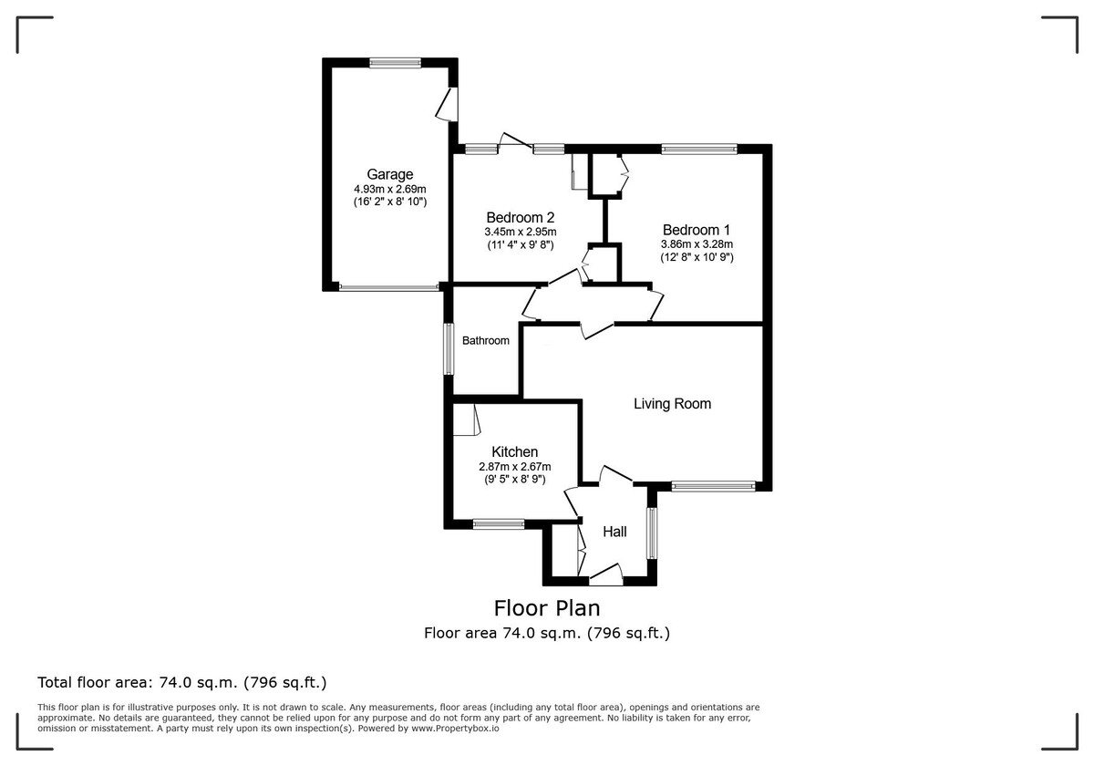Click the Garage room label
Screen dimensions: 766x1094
click(389, 174)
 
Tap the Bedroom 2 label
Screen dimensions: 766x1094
click(520, 217)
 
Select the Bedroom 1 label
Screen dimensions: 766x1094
click(697, 230)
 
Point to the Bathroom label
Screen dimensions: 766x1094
click(485, 340)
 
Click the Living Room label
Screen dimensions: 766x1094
click(672, 403)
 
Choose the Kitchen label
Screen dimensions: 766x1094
click(514, 451)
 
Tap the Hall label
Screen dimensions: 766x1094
click(614, 531)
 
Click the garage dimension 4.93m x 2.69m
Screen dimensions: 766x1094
click(389, 189)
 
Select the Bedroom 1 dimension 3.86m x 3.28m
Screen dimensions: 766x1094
click(697, 244)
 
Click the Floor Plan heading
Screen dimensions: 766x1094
click(547, 607)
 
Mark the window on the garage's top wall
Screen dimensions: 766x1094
click(395, 63)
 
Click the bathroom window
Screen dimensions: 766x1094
click(448, 347)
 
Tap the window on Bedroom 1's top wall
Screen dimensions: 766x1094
click(698, 149)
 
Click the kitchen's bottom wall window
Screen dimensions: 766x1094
click(499, 523)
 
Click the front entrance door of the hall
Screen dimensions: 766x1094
click(605, 574)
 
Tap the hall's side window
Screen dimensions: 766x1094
click(652, 533)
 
